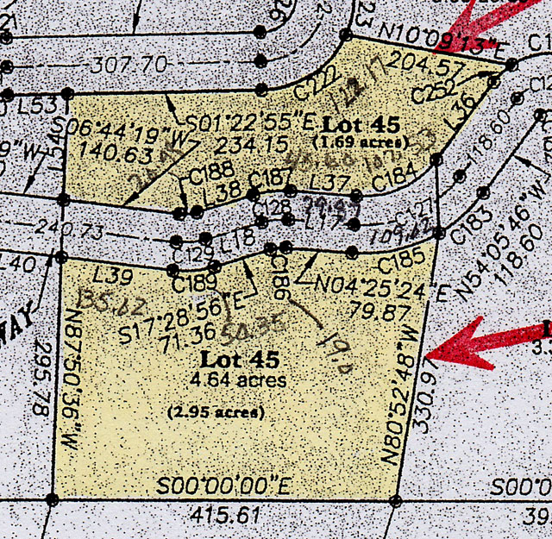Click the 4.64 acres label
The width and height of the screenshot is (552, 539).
point(242,379)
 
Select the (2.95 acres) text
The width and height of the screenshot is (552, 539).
point(216,411)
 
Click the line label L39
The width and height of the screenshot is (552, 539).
point(111,275)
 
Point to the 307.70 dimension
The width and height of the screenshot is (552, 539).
point(132,63)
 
